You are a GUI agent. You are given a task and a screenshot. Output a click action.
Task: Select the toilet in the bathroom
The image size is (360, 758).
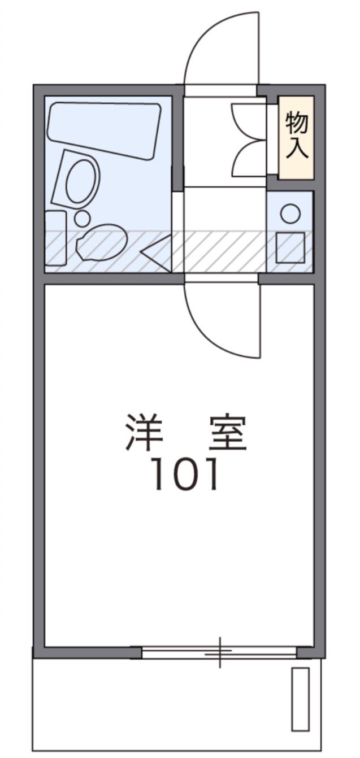[101, 243]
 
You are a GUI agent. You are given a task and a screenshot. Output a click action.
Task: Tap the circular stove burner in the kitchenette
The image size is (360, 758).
[290, 214]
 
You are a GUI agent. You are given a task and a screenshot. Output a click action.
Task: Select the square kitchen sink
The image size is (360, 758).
[290, 248]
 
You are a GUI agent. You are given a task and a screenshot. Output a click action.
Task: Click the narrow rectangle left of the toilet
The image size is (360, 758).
[55, 238]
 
